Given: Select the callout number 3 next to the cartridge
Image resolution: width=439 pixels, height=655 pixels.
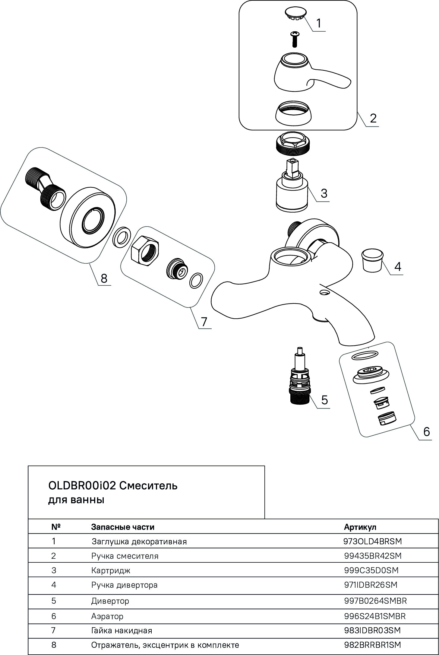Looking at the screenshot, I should pos(324,193).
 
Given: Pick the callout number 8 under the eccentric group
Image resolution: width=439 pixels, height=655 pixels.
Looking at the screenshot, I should pos(104,278).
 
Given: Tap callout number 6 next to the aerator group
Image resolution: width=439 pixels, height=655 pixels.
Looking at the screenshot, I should pos(426,432).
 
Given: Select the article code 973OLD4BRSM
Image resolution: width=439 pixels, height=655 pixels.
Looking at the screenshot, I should pos(372,541).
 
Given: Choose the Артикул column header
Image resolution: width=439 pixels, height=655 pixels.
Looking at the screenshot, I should pos(360,527).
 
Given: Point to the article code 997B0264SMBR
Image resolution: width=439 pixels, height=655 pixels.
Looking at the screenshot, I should pos(375,601).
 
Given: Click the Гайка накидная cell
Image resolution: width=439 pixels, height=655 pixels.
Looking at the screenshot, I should pos(122,631).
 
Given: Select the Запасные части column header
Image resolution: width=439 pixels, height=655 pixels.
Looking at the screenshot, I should pos(123,527).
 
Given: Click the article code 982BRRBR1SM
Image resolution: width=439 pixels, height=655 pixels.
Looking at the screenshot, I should pos(372,645).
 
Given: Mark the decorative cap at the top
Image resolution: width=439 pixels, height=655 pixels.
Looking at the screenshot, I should pos(295,14).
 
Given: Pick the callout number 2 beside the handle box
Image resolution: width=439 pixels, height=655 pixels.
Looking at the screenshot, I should pos(373,118).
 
